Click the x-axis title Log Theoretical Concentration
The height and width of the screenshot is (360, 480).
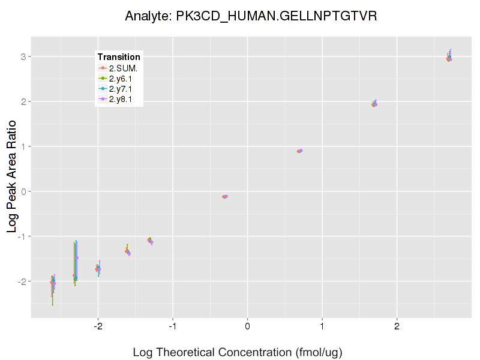(x=237, y=352)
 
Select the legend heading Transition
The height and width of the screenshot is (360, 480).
(x=119, y=57)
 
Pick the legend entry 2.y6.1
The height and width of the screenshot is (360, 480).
(x=120, y=79)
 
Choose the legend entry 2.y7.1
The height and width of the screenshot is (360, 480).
(x=120, y=89)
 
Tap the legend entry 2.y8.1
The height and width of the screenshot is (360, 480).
(x=120, y=99)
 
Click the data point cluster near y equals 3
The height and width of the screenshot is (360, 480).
(x=449, y=58)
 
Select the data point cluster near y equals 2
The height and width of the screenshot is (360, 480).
(x=374, y=104)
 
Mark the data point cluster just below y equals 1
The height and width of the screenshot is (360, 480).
(x=299, y=151)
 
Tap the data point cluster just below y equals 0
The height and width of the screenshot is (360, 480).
(x=225, y=196)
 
